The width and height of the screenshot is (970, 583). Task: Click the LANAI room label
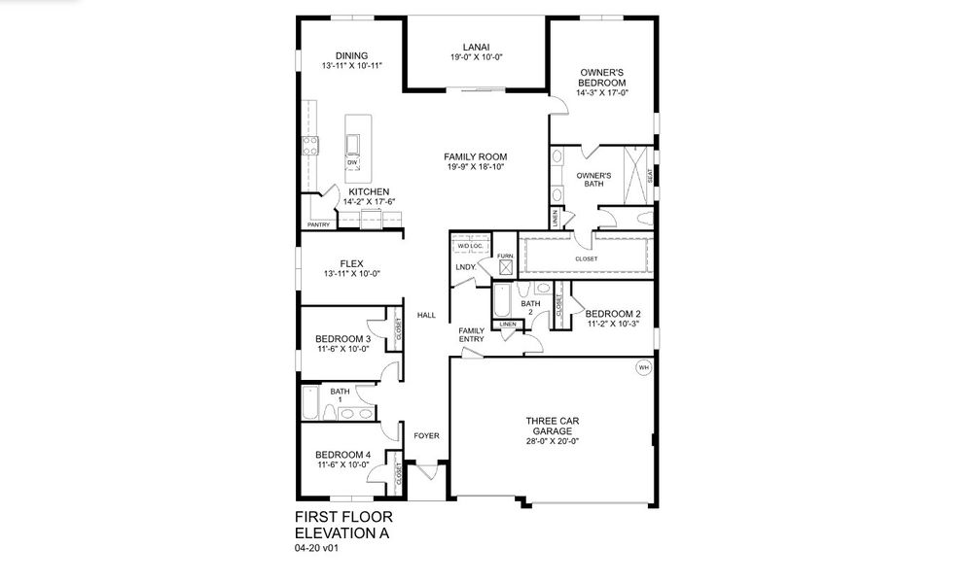(476, 46)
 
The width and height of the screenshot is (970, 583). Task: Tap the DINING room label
(351, 55)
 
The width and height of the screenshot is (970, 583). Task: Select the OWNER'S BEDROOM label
(602, 78)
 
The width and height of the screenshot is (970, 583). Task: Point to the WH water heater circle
(643, 367)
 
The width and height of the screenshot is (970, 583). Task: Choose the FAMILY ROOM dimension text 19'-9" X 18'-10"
(475, 167)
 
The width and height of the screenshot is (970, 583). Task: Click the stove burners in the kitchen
(311, 146)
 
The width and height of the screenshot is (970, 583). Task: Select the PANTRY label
(318, 225)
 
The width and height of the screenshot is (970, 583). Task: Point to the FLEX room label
(351, 263)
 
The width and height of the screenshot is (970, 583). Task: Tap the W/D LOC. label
(471, 246)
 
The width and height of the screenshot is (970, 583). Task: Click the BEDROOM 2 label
(613, 313)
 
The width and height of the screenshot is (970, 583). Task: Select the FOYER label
(427, 436)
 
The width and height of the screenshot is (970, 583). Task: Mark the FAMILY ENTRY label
(472, 334)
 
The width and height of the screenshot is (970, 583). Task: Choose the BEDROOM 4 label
(342, 455)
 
